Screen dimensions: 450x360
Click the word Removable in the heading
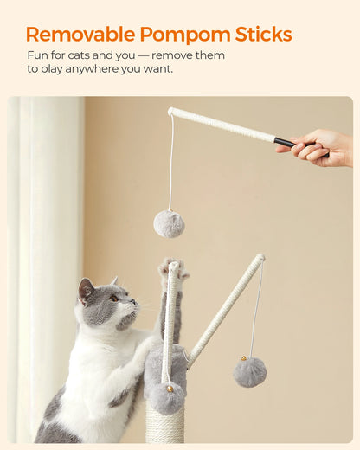pyautogui.click(x=80, y=35)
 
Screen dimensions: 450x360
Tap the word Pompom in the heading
pyautogui.click(x=185, y=35)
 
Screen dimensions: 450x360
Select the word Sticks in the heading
pyautogui.click(x=263, y=35)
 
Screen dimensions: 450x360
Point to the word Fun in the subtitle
pyautogui.click(x=36, y=55)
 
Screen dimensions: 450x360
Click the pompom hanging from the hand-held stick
pyautogui.click(x=169, y=223)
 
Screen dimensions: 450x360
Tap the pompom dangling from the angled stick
pyautogui.click(x=249, y=372)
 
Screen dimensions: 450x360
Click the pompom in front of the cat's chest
pyautogui.click(x=166, y=398)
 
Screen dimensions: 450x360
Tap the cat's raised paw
pyautogui.click(x=172, y=269)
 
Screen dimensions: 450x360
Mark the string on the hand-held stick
pyautogui.click(x=170, y=164)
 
